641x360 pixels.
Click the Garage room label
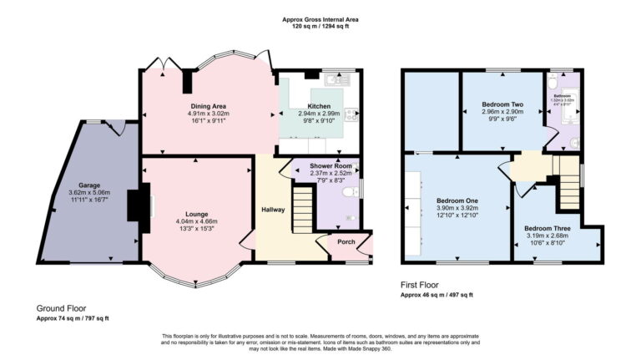[89, 185]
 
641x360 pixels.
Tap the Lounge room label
[197, 214]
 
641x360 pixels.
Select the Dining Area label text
[209, 107]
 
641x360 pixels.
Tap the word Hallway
[274, 209]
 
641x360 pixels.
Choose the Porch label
[346, 242]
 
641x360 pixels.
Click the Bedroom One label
[457, 201]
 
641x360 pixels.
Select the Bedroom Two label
[502, 104]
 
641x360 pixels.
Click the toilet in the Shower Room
[351, 191]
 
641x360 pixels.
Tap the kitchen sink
[340, 81]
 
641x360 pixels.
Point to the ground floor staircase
[301, 210]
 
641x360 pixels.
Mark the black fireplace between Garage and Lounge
[133, 205]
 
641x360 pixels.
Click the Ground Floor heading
[61, 308]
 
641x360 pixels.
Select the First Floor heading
[425, 285]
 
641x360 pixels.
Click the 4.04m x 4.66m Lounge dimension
[197, 221]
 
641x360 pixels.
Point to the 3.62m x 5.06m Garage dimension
[89, 192]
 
